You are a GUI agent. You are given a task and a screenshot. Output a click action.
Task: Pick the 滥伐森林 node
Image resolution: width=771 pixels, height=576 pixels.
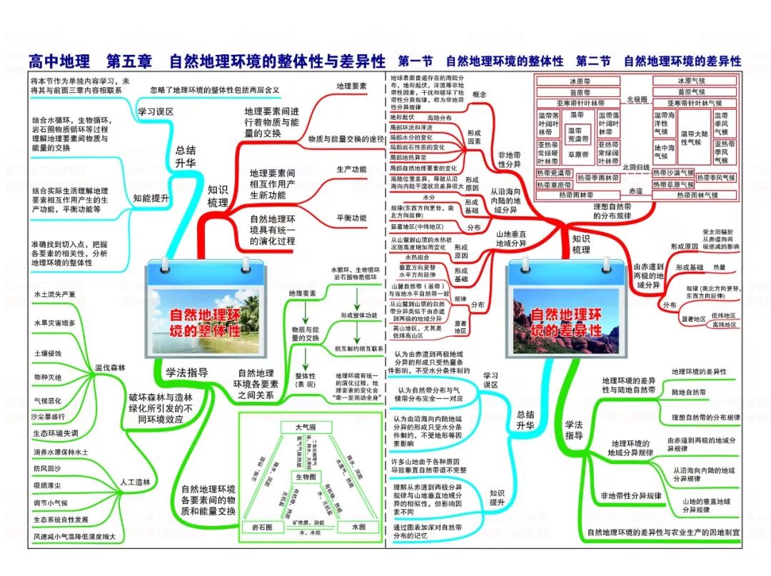tap(110, 368)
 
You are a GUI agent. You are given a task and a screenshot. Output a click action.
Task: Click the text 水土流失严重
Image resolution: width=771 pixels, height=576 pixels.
tap(54, 294)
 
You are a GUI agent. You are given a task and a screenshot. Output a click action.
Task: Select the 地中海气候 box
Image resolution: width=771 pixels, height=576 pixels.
tap(665, 151)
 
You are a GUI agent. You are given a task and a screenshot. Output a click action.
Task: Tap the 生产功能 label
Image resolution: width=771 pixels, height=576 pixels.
tap(351, 169)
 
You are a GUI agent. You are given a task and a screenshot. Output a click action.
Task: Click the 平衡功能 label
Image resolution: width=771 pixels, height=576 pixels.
tap(351, 218)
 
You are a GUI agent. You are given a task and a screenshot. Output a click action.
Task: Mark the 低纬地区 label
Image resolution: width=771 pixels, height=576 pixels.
tap(723, 315)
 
